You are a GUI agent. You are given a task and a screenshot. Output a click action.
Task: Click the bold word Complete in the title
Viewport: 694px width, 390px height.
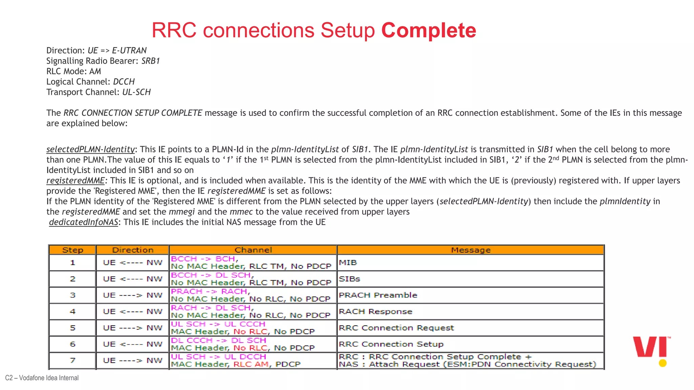click(x=429, y=30)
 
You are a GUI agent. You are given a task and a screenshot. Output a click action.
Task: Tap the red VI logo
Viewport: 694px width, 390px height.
click(x=651, y=347)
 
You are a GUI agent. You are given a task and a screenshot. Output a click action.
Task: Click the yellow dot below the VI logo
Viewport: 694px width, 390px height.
click(x=663, y=363)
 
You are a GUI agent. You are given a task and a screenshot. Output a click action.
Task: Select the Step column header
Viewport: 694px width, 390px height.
click(x=73, y=250)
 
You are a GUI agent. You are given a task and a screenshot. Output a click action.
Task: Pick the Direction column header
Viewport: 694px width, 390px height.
click(x=132, y=250)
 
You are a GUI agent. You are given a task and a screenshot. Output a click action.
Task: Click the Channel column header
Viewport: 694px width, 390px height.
click(x=253, y=250)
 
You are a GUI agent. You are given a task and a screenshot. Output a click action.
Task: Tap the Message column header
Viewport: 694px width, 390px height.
click(x=470, y=250)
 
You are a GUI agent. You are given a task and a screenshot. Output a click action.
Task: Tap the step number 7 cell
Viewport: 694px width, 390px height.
click(x=73, y=361)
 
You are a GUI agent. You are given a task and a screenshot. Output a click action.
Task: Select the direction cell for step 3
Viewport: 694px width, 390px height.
click(x=132, y=295)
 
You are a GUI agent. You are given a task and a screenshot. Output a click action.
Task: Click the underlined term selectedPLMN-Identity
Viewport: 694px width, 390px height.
click(x=90, y=149)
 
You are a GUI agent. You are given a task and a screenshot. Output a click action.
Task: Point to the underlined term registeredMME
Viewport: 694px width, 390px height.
click(x=76, y=180)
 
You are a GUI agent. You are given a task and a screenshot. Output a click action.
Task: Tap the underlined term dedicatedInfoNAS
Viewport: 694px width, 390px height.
click(x=83, y=222)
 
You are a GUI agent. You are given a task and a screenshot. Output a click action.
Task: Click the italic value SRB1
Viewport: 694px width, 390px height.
click(x=150, y=61)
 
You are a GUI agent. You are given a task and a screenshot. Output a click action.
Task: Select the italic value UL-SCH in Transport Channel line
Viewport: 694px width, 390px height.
click(x=136, y=92)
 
